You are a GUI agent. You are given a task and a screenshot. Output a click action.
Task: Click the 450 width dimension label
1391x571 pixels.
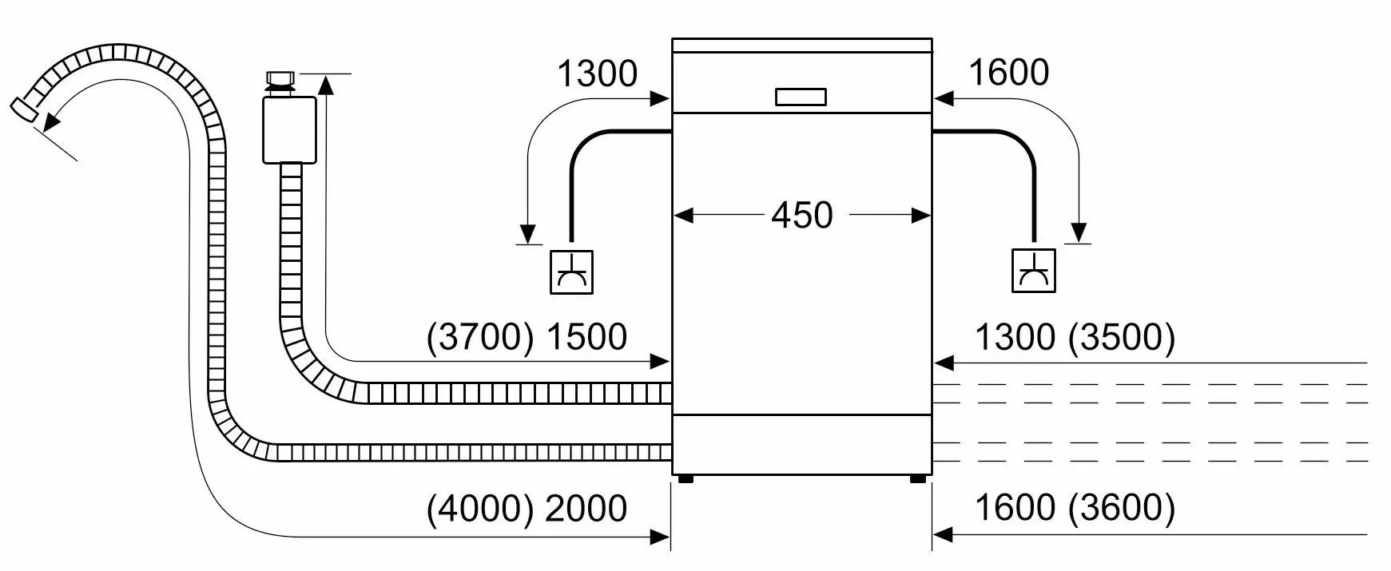pos(802,215)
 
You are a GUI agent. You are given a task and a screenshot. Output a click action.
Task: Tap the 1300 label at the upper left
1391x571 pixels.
pos(597,74)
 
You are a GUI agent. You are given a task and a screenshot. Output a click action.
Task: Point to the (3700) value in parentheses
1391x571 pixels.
pos(480,337)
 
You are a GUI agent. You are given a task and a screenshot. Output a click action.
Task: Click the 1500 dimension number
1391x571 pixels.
pos(586,337)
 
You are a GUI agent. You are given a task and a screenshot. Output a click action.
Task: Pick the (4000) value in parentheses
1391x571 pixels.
pos(480,509)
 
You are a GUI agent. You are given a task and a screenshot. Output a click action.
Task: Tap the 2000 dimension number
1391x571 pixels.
pos(586,509)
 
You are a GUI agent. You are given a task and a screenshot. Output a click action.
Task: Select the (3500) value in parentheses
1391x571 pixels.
pos(1122,337)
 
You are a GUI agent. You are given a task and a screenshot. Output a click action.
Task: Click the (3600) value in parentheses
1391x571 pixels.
pos(1122,509)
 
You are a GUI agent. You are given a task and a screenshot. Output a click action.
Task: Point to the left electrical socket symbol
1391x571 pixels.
pos(572,272)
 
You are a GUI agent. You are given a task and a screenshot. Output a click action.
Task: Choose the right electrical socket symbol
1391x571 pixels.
pos(1033,271)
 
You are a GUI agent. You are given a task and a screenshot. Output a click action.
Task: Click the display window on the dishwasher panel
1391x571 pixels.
pos(801,97)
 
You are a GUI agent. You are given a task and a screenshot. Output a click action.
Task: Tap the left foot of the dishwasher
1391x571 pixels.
pos(685,479)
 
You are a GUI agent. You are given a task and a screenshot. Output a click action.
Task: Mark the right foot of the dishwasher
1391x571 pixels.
pos(918,479)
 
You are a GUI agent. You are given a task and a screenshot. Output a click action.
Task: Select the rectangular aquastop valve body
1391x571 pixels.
pos(288,129)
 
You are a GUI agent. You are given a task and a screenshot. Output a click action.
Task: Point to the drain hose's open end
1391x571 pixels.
pos(24,109)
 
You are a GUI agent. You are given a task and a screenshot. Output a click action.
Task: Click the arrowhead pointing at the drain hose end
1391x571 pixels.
pos(50,121)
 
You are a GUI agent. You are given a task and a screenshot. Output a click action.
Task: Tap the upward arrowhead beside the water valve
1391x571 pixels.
pos(328,84)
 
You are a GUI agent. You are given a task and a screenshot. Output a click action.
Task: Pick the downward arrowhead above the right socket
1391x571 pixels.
pos(1079,232)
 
